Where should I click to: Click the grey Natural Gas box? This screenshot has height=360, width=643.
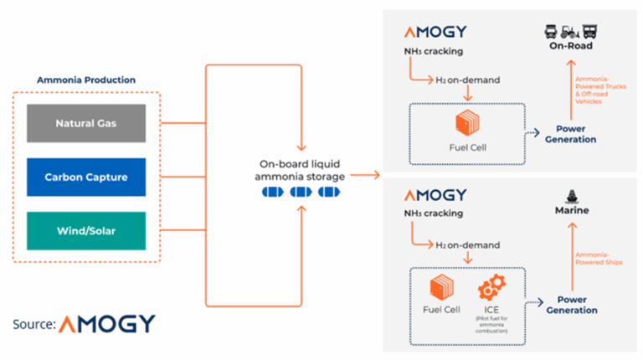click(86, 123)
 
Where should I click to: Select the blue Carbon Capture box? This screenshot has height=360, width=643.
click(86, 177)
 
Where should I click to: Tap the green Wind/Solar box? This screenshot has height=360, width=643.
click(86, 230)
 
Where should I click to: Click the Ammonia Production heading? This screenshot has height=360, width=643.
click(86, 80)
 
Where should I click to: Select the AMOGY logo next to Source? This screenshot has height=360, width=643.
click(107, 323)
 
